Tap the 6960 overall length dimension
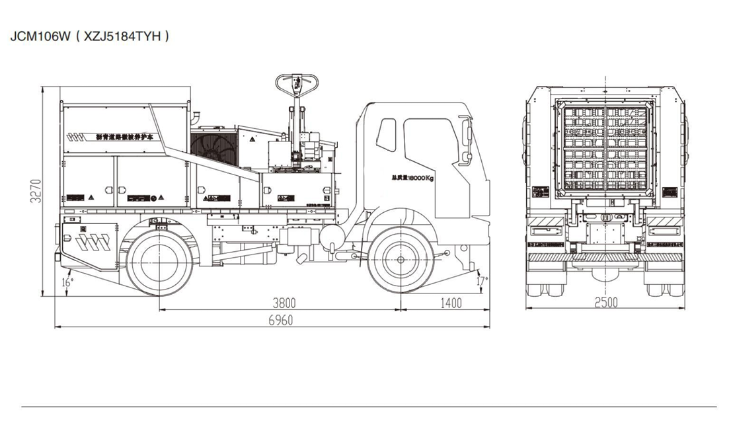[x=281, y=320]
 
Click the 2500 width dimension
[x=605, y=303]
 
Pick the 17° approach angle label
[x=482, y=280]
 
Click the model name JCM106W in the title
[x=39, y=36]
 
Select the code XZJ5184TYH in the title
[x=122, y=36]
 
